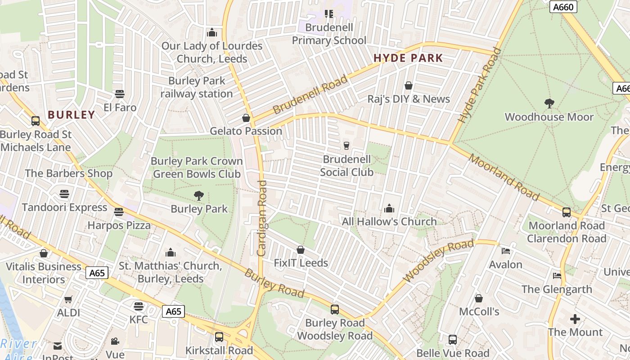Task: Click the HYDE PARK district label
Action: click(408, 58)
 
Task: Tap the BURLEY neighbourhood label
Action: click(71, 115)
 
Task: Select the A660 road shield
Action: click(563, 7)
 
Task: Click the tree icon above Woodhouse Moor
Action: click(549, 103)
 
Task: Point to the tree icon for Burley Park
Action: click(198, 195)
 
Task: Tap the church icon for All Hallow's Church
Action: click(389, 208)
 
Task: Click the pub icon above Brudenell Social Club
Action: click(346, 145)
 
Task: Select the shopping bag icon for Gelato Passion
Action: click(246, 118)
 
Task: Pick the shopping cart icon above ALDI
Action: click(68, 299)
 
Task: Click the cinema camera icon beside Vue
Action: click(115, 341)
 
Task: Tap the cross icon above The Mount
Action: click(575, 319)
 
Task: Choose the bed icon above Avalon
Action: click(506, 251)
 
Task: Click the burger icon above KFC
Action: click(139, 306)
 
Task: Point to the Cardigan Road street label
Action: click(262, 218)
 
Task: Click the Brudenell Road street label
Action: click(310, 94)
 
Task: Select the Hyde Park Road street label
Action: click(479, 85)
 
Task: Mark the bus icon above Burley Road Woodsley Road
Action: click(334, 310)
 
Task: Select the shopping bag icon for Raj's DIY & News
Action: click(409, 85)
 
